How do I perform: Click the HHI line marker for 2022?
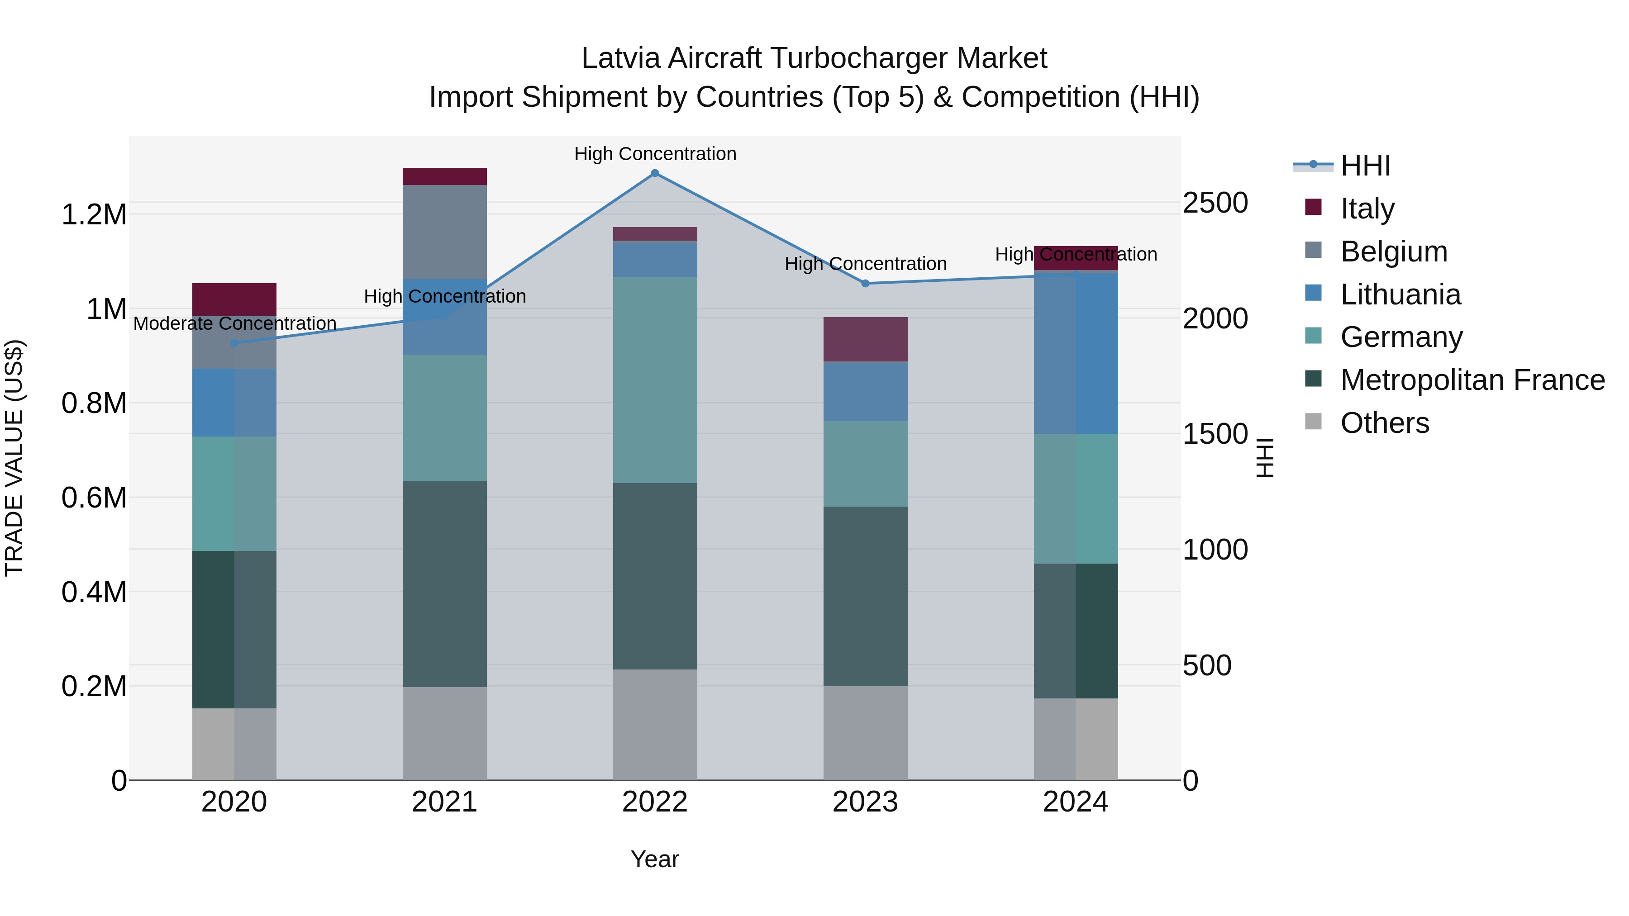655,173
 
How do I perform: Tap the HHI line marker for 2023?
866,283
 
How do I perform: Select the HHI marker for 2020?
234,343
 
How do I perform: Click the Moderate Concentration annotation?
234,324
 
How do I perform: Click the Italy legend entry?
1367,209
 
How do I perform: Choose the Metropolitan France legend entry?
1472,380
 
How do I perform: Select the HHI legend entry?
1365,166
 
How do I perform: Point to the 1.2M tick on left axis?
94,215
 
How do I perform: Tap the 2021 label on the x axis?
444,802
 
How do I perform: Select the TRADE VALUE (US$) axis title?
14,458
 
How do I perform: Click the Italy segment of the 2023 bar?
865,339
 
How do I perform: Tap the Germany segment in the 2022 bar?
655,380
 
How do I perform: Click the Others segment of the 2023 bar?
865,733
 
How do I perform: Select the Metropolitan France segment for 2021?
444,584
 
